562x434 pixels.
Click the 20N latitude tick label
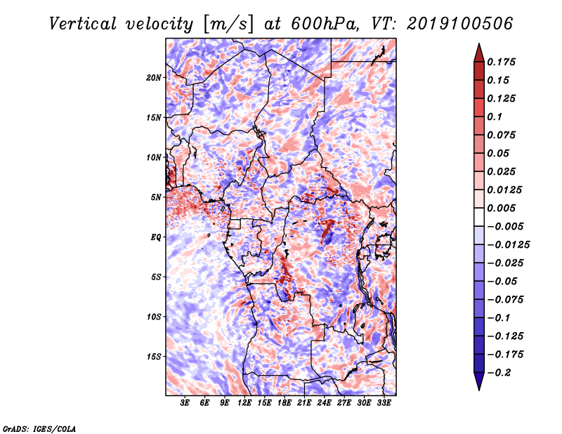[154, 77]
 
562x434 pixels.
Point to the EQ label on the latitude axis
[156, 237]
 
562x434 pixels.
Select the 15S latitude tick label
[154, 357]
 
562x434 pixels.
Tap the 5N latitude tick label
[156, 197]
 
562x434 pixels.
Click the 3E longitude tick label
[185, 403]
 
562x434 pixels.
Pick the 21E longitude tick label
[304, 403]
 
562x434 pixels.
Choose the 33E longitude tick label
[384, 403]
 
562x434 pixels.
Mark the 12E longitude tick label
[245, 403]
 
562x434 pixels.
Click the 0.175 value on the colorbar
[503, 62]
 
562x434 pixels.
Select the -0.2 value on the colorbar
[500, 372]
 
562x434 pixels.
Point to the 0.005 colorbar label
[503, 208]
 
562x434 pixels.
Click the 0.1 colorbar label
[496, 117]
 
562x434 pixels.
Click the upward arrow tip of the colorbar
[478, 46]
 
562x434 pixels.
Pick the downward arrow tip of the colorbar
[478, 388]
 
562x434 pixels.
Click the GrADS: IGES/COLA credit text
[39, 428]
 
